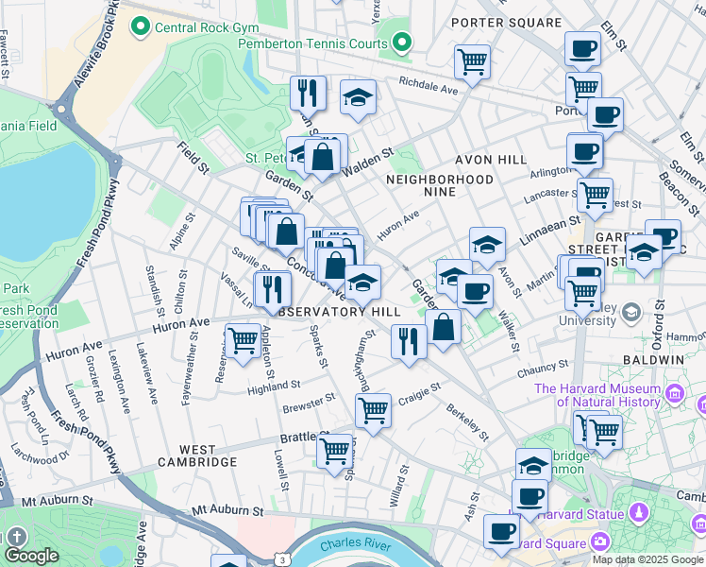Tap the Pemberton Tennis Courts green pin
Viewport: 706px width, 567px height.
pyautogui.click(x=403, y=43)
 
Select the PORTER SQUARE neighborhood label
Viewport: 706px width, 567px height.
pyautogui.click(x=506, y=22)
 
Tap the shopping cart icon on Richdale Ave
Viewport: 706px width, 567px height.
pyautogui.click(x=472, y=63)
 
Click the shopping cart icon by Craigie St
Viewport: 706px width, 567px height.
pyautogui.click(x=373, y=411)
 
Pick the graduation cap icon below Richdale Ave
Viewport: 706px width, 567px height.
pyautogui.click(x=358, y=97)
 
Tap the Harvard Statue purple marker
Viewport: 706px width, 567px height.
pyautogui.click(x=640, y=513)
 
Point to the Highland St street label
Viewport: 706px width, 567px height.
pyautogui.click(x=274, y=387)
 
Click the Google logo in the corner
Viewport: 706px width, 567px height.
pyautogui.click(x=30, y=557)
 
